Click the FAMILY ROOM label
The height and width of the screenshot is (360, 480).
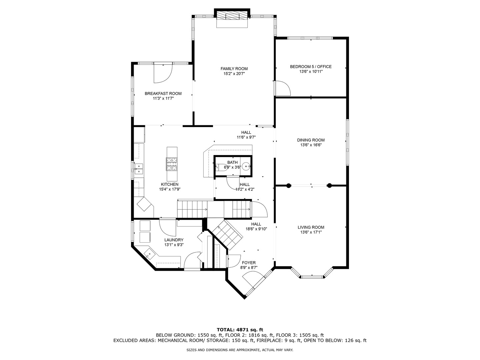click(234, 69)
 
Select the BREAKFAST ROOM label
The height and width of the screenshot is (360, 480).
click(163, 94)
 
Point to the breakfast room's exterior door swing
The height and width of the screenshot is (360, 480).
click(162, 74)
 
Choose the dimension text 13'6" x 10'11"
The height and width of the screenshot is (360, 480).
click(311, 71)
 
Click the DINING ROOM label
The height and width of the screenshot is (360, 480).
click(311, 140)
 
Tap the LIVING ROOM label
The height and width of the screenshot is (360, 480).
click(311, 227)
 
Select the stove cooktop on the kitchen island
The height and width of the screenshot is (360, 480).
click(172, 164)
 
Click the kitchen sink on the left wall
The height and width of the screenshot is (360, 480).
click(138, 169)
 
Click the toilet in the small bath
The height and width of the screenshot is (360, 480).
click(220, 167)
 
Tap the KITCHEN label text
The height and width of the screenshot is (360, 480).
click(170, 184)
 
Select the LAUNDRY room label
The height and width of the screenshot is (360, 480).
click(174, 240)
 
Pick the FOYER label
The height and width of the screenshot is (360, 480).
click(249, 263)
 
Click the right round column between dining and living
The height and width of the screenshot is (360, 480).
click(329, 186)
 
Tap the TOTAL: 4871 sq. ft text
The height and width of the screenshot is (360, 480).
click(240, 330)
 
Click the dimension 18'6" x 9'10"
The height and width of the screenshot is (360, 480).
click(256, 229)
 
